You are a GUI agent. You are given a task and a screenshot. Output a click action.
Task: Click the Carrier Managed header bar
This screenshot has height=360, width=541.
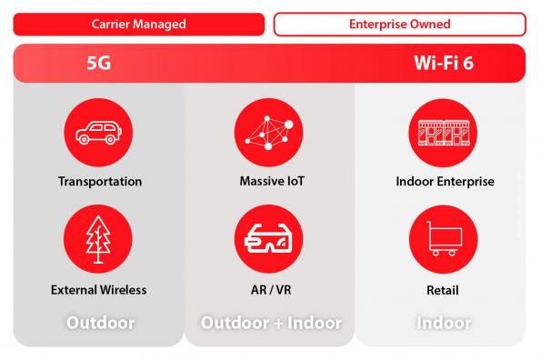[x=138, y=24]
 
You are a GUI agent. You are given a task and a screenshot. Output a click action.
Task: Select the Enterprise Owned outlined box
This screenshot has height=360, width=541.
[x=399, y=24]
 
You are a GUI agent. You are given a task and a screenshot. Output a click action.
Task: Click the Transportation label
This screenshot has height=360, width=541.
[x=100, y=181]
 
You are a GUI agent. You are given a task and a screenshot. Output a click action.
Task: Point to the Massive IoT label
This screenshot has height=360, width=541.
[x=270, y=181]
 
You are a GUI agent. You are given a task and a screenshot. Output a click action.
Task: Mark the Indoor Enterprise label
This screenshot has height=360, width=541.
[x=445, y=181]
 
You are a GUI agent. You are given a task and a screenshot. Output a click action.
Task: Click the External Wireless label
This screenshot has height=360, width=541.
[x=99, y=290]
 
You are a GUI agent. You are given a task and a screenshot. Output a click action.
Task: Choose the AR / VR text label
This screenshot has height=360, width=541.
[x=270, y=290]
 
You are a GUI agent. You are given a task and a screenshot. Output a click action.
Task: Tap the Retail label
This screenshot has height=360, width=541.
[x=445, y=290]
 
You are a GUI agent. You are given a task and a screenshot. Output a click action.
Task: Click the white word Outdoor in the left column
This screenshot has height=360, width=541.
[x=100, y=323]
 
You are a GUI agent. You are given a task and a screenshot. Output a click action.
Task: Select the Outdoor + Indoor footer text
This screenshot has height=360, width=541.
[x=271, y=323]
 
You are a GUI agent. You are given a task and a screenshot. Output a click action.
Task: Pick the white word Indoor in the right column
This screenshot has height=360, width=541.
[x=444, y=323]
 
